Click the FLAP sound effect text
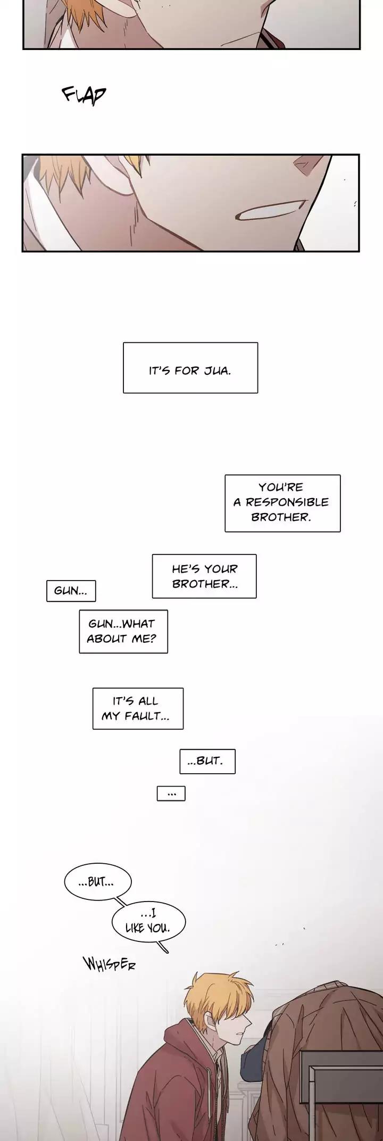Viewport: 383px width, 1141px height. [x=84, y=95]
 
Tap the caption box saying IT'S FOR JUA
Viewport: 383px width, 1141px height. [x=190, y=368]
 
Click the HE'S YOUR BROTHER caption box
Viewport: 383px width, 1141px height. [x=204, y=576]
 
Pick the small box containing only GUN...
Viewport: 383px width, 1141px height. [x=71, y=591]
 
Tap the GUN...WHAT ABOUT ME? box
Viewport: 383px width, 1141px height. [x=123, y=631]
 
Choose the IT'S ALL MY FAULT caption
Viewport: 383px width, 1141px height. [x=138, y=708]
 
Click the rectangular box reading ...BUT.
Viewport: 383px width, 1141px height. [x=207, y=761]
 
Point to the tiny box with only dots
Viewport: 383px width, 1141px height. [x=171, y=793]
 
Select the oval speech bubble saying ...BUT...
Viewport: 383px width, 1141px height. [x=97, y=882]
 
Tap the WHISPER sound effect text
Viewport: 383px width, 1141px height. [x=109, y=964]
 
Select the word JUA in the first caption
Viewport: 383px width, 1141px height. [x=218, y=370]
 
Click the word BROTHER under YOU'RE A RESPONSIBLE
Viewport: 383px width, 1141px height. [x=280, y=517]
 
